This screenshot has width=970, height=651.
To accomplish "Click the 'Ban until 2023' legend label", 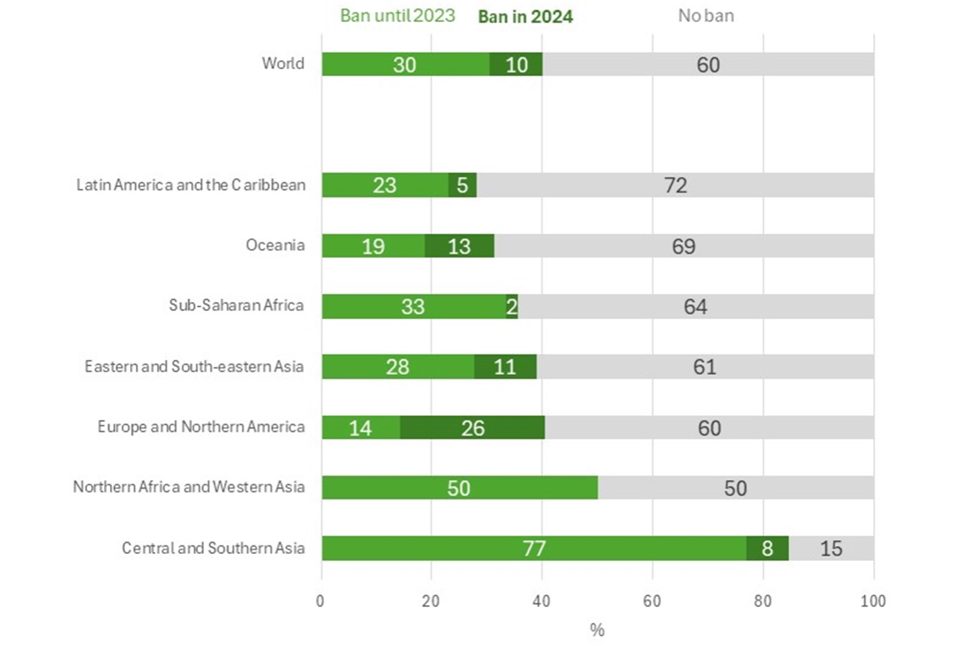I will point(397,16).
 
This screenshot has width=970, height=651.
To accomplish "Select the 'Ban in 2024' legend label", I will point(525,17).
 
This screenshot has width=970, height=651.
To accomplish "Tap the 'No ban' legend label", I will point(706,16).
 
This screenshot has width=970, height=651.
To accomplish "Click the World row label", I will point(283,64).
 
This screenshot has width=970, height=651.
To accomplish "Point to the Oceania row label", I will point(275,246).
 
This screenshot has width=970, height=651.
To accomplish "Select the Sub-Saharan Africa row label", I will point(236,306).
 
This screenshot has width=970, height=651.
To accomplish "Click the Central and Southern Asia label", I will point(213,548).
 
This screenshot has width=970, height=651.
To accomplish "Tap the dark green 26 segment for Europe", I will point(472,428).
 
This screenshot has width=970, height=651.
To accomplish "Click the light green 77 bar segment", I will point(533,548).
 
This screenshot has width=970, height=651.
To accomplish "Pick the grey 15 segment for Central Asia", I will point(831,548).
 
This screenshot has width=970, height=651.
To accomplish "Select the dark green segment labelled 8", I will point(767,548).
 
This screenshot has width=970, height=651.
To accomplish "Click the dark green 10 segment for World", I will point(516,65).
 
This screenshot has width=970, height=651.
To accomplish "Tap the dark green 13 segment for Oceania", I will point(459,246).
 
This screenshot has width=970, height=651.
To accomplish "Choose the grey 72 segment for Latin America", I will point(675,185).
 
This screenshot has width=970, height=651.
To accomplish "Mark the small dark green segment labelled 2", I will point(512,307).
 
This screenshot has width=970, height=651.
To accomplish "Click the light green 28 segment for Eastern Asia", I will point(397,366).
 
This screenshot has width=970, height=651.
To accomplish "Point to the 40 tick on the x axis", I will point(542,601).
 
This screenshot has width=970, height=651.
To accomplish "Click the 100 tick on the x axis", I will point(873,601).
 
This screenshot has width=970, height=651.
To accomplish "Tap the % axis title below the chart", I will point(597,630).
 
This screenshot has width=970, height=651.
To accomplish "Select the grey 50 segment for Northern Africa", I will point(735,488).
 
